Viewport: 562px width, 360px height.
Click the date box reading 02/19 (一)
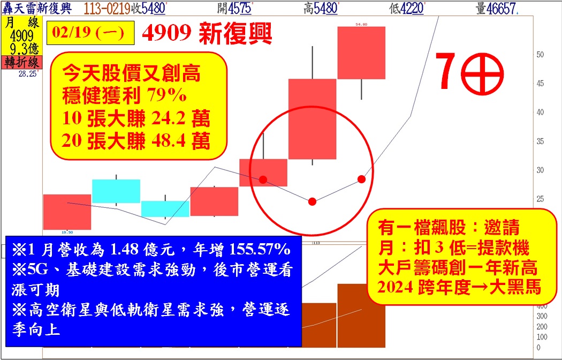point(90,33)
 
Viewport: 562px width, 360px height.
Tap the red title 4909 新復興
point(207,33)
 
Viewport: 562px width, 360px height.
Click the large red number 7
point(446,71)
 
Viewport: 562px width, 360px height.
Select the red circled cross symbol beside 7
point(482,74)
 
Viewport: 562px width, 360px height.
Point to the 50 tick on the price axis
point(540,55)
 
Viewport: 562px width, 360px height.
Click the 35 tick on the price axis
point(540,141)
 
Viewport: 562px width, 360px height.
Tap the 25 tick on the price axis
point(540,199)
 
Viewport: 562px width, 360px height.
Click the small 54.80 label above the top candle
point(361,25)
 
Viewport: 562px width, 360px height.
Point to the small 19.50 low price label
point(67,232)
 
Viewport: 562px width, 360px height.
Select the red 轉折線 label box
point(22,63)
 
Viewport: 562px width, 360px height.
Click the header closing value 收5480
point(148,9)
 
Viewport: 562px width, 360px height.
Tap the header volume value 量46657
point(497,9)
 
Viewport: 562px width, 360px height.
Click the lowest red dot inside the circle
point(312,201)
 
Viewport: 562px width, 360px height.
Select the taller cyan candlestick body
point(116,191)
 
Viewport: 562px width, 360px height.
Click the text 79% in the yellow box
point(166,96)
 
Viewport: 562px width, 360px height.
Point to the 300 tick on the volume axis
point(542,317)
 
